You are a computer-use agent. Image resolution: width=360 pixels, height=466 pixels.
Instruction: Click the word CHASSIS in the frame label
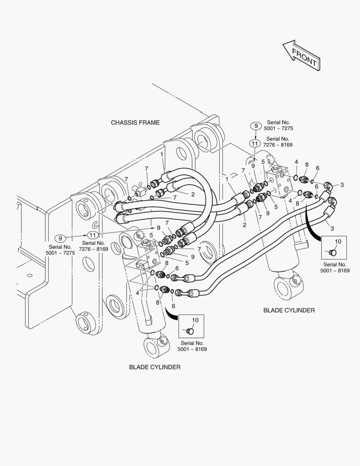pyautogui.click(x=125, y=123)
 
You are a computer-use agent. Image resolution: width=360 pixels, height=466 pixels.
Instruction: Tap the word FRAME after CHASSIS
pyautogui.click(x=149, y=123)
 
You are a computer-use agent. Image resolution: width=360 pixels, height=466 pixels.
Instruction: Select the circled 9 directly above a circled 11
pyautogui.click(x=256, y=126)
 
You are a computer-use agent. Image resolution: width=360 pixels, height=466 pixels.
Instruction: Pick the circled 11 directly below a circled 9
pyautogui.click(x=255, y=143)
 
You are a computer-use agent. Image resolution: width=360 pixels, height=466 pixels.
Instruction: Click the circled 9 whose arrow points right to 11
pyautogui.click(x=60, y=238)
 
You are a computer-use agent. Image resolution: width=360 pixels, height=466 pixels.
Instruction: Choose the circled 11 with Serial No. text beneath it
pyautogui.click(x=92, y=235)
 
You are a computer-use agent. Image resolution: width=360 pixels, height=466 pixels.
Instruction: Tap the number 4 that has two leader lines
pyautogui.click(x=138, y=293)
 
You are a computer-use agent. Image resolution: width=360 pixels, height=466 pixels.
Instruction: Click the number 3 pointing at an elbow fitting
pyautogui.click(x=342, y=185)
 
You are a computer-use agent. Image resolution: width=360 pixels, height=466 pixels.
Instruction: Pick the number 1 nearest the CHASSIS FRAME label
pyautogui.click(x=162, y=154)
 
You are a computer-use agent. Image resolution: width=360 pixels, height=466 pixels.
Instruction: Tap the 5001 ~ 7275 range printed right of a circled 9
pyautogui.click(x=280, y=129)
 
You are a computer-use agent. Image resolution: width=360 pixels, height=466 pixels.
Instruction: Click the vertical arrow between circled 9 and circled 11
pyautogui.click(x=256, y=135)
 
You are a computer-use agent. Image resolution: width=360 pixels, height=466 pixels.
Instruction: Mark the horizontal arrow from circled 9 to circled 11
pyautogui.click(x=76, y=236)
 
